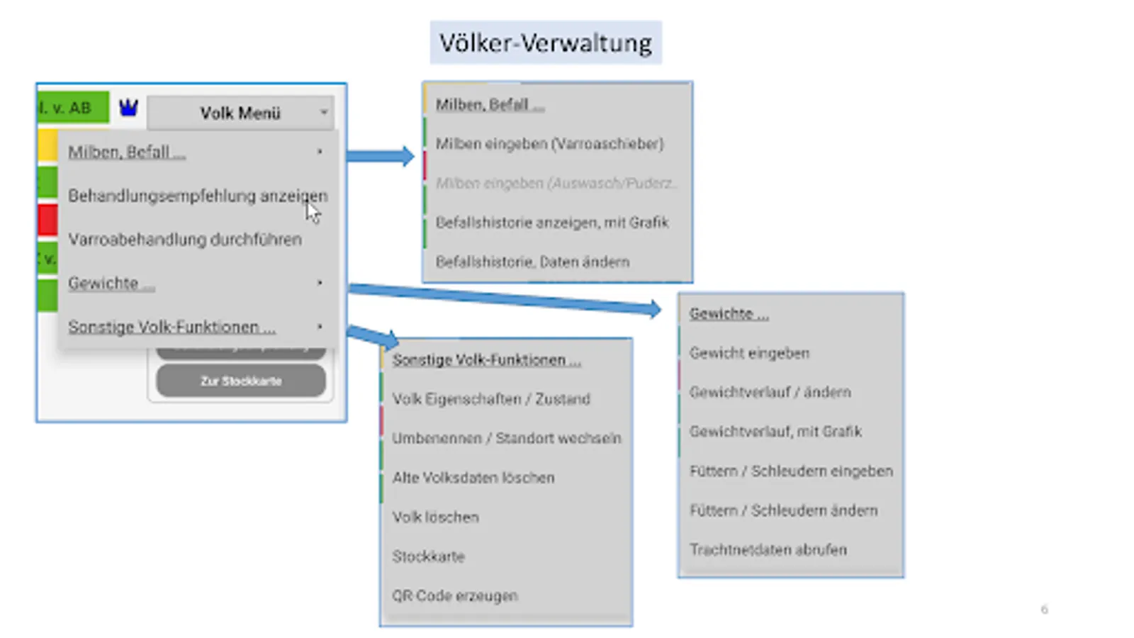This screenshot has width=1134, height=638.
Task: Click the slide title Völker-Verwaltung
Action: pyautogui.click(x=545, y=43)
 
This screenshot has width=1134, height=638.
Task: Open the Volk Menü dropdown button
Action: pyautogui.click(x=240, y=113)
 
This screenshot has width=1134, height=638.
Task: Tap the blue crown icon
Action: pyautogui.click(x=128, y=108)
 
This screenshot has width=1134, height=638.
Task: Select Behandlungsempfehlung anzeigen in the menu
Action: pyautogui.click(x=197, y=196)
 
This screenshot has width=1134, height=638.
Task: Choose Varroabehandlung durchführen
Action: pyautogui.click(x=185, y=240)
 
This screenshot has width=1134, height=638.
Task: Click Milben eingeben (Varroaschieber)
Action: pyautogui.click(x=549, y=144)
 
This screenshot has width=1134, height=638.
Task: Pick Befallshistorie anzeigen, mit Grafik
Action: pyautogui.click(x=552, y=223)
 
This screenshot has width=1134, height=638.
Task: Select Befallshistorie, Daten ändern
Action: pyautogui.click(x=532, y=262)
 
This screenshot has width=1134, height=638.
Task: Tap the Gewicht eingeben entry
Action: pyautogui.click(x=749, y=353)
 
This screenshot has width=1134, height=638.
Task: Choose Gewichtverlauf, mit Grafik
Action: pyautogui.click(x=775, y=432)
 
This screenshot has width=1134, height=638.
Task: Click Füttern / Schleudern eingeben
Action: pyautogui.click(x=791, y=471)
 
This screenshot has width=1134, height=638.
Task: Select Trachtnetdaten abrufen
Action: pyautogui.click(x=768, y=549)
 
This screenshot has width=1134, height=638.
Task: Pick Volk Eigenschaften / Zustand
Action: pyautogui.click(x=491, y=399)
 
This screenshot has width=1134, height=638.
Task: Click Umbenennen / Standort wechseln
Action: pyautogui.click(x=506, y=438)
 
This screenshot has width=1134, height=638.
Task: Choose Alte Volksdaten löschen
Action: pyautogui.click(x=473, y=478)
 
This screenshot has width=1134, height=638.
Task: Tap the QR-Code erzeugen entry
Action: pyautogui.click(x=455, y=595)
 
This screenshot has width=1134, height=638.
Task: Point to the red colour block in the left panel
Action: pyautogui.click(x=48, y=220)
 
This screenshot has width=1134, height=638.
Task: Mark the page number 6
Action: pyautogui.click(x=1044, y=609)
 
